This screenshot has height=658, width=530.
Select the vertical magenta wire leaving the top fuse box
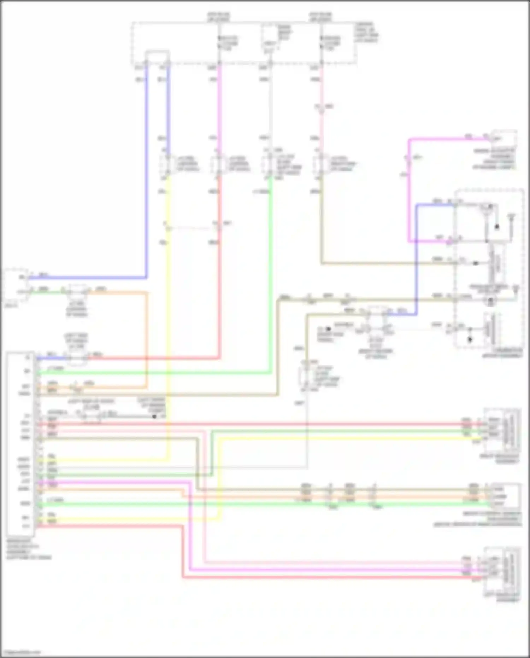[220, 106]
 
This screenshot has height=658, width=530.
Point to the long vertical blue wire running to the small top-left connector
[146, 177]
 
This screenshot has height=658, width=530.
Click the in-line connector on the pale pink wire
[321, 107]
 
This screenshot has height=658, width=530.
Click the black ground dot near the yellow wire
[154, 417]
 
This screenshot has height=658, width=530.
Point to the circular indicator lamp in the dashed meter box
[490, 301]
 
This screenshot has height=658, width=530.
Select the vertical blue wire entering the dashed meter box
[417, 258]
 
